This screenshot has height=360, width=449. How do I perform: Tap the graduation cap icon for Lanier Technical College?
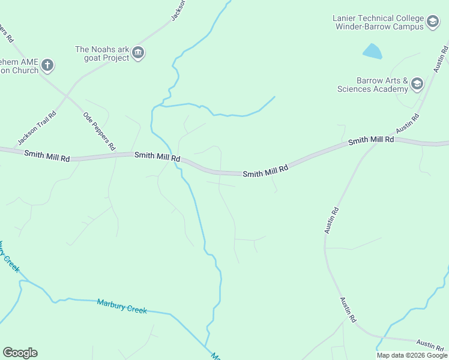point(432,23)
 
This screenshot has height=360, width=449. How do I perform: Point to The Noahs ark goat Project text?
point(102,53)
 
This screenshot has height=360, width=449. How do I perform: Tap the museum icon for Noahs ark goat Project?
point(139,53)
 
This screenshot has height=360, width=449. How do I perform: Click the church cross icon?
point(47,65)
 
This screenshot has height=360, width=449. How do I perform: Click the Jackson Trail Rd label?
point(37,128)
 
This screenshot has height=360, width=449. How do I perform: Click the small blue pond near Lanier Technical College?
point(372,52)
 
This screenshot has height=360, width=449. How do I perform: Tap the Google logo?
point(20,353)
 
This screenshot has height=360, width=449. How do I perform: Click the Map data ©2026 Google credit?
point(411,355)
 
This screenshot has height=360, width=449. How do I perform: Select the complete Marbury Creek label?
point(122,306)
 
